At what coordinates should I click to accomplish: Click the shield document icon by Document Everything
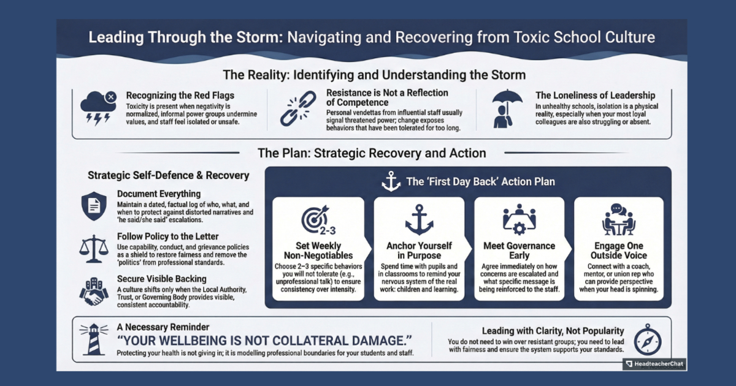(94, 206)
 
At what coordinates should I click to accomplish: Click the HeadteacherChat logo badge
(654, 364)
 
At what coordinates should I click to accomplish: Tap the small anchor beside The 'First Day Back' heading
(391, 181)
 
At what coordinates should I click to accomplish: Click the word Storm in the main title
(258, 37)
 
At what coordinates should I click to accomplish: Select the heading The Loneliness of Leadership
(595, 95)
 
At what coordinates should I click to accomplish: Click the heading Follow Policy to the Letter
(167, 236)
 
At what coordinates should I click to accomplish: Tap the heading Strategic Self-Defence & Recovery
(169, 175)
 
